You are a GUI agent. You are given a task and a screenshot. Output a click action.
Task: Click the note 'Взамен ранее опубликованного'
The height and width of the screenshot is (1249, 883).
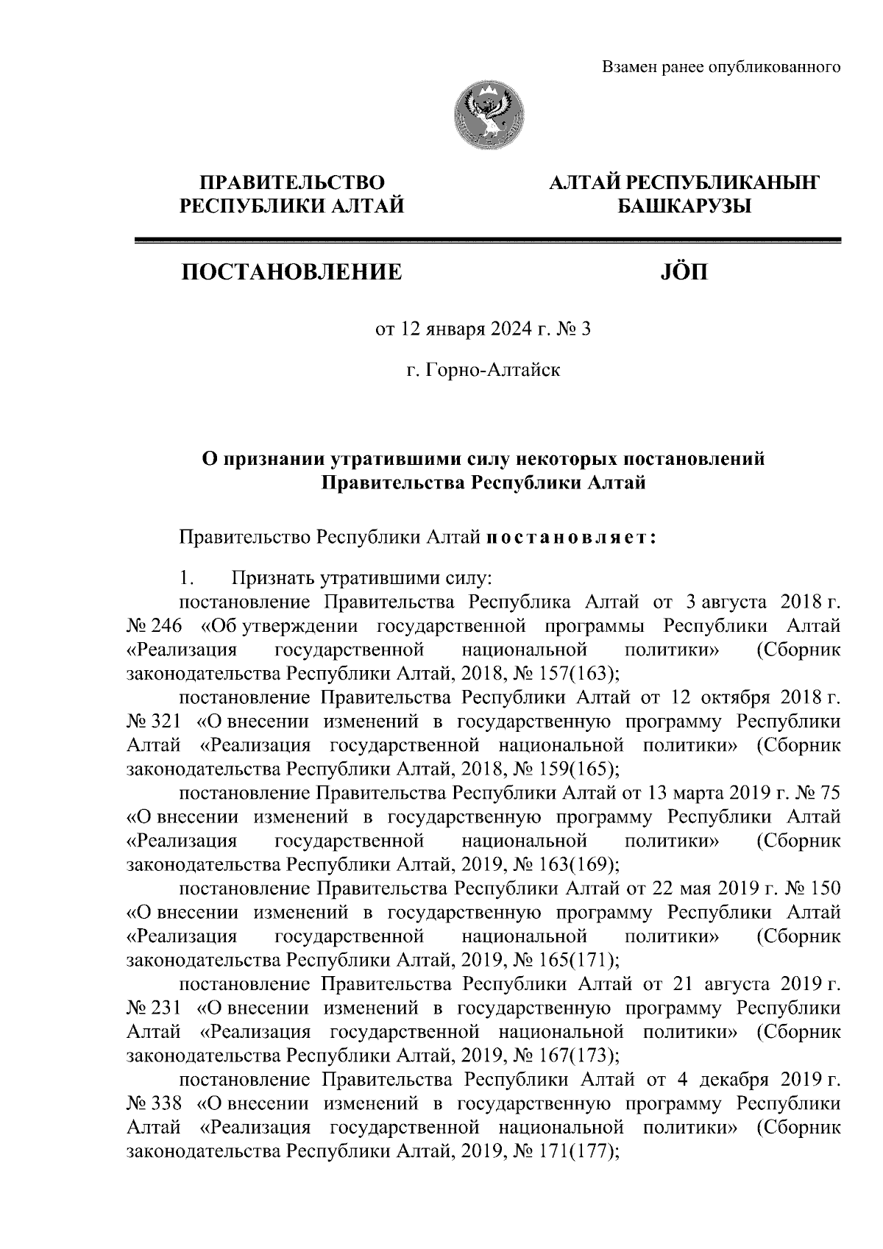click(721, 68)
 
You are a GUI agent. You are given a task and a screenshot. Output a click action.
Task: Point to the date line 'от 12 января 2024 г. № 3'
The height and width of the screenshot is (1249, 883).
click(483, 330)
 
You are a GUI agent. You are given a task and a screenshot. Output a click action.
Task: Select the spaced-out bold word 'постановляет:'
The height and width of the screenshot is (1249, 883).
click(570, 538)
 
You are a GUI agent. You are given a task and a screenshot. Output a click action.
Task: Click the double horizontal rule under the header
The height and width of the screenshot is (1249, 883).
click(487, 240)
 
